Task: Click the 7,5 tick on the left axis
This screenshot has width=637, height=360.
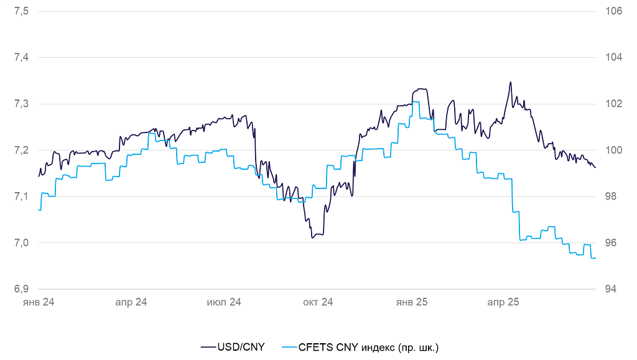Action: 21,11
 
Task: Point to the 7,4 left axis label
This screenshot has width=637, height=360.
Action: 21,57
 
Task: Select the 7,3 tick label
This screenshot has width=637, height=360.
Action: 21,104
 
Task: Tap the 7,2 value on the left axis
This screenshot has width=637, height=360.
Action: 21,150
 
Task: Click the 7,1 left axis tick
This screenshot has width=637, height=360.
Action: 21,196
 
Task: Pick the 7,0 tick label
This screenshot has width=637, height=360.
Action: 21,242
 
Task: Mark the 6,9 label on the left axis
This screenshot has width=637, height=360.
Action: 21,289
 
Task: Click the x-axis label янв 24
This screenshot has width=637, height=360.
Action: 39,302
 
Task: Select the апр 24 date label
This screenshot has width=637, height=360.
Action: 131,302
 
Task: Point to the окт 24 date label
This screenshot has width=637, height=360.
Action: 318,302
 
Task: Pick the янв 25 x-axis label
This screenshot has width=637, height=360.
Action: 412,302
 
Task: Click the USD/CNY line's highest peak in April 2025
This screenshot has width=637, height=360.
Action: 511,82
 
